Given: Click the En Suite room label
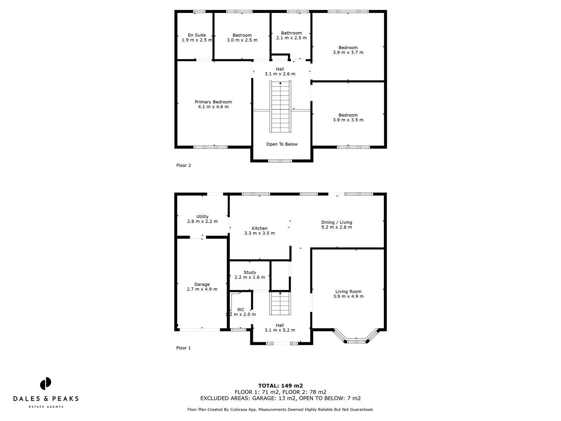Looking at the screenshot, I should pos(197,35).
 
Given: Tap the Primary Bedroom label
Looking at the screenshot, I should pos(213,102).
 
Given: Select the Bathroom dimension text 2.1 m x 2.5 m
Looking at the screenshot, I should pos(291,38).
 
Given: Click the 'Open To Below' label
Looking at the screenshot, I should pos(282,144).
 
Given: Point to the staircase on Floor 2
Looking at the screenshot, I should pos(280,107).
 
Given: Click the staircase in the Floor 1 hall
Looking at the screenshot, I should pos(280,304).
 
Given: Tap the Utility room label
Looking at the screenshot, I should pos(202,217).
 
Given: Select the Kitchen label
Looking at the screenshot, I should pos(259,228).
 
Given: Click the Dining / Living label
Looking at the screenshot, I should pos(337,222).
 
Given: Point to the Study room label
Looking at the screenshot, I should pos(250,272).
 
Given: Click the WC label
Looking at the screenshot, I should pos(241,310).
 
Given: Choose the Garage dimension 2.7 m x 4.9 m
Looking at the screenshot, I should pos(202,289).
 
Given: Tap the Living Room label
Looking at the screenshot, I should pos(348,292).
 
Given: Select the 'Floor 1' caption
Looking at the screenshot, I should pos(183,348).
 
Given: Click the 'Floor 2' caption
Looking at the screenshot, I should pos(183,165).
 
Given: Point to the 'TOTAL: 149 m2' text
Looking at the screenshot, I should pos(280,386).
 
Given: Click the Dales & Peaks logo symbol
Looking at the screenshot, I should pos(46,383).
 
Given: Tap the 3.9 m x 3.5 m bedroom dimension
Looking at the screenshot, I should pos(348,120).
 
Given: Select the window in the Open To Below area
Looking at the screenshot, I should pos(280,161).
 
